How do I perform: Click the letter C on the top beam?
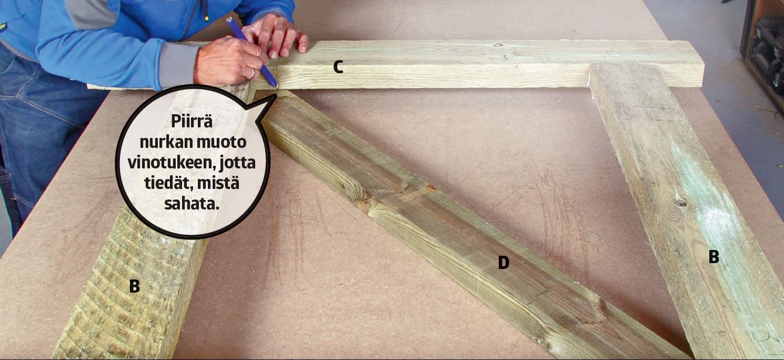338,67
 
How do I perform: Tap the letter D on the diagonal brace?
504,262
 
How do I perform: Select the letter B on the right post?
713,256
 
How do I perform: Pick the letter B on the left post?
134,286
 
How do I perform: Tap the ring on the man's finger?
253,73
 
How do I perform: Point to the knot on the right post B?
681,203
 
